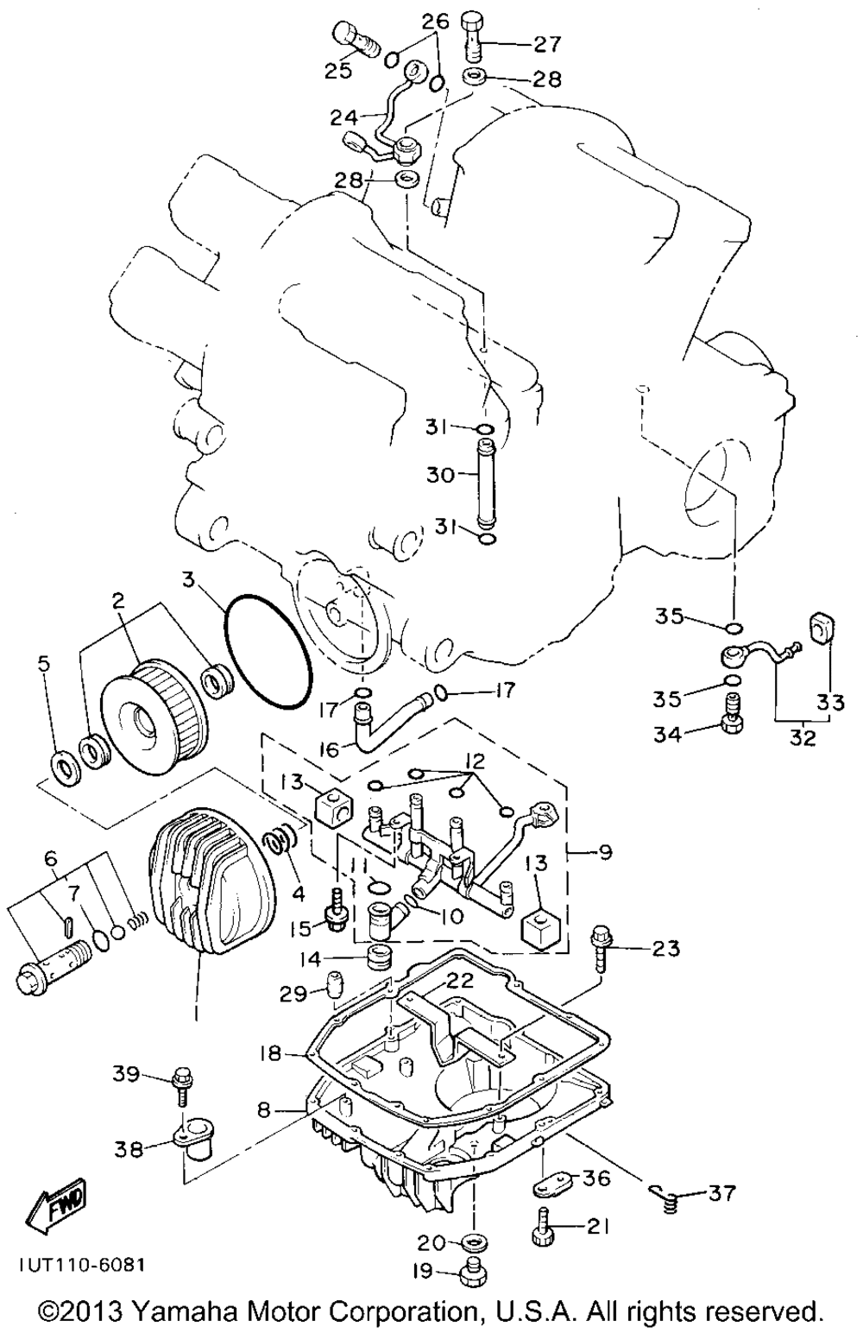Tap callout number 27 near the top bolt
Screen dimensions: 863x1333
pos(546,44)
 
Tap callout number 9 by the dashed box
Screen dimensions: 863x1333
pos(605,852)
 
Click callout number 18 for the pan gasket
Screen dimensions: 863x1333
pos(269,1054)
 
